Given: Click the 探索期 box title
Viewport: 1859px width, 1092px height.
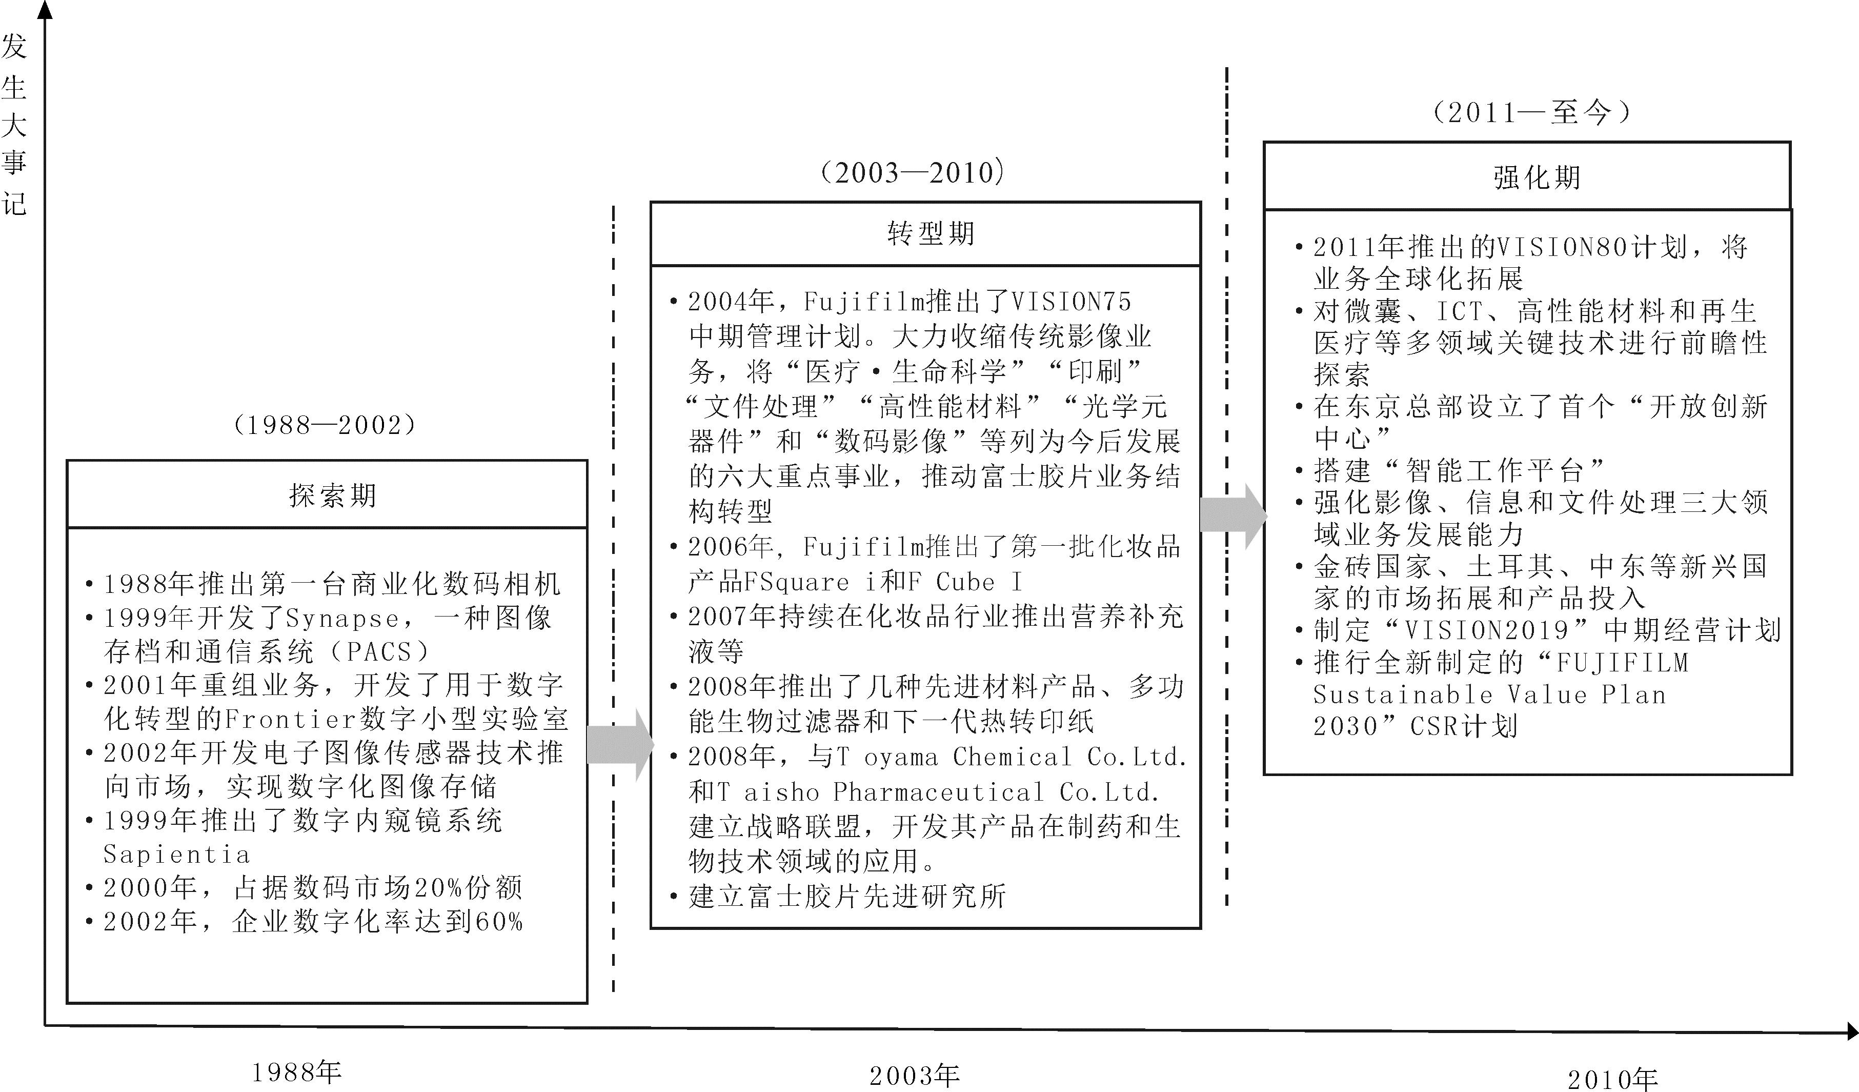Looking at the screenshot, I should pos(332,495).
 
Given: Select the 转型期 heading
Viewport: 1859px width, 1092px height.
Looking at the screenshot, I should pos(930,233).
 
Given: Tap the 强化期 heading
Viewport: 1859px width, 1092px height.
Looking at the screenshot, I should pos(1537,177).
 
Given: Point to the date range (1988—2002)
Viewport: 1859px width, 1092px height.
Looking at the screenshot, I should pos(325,425).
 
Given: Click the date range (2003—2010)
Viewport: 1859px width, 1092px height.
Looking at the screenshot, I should pos(913,173).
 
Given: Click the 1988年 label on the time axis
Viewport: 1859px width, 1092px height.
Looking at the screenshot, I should pos(296,1072).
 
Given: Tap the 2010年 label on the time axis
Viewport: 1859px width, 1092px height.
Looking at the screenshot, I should pos(1612,1080).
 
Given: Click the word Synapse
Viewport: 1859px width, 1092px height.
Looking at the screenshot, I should pos(342,618).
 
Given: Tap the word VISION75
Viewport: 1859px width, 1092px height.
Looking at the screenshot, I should pos(1070,301).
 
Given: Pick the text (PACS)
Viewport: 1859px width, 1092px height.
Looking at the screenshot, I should pos(378,651).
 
